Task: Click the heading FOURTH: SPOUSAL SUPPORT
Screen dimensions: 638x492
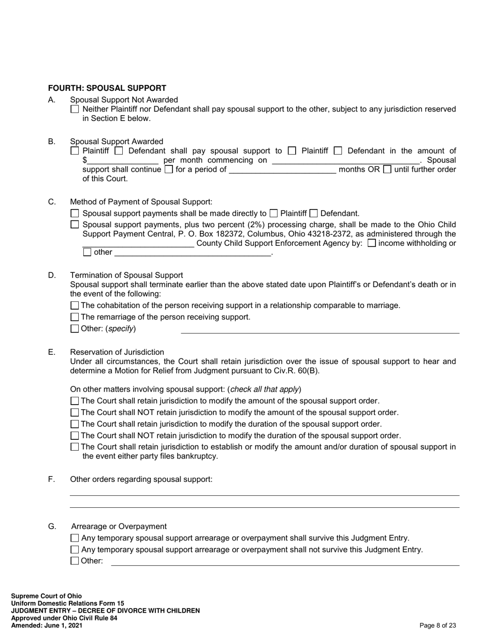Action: pyautogui.click(x=107, y=88)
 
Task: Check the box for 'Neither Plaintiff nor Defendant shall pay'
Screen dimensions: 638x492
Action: pyautogui.click(x=75, y=109)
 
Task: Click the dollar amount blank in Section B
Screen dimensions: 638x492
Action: pyautogui.click(x=122, y=160)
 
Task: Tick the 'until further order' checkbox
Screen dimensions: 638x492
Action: pyautogui.click(x=387, y=169)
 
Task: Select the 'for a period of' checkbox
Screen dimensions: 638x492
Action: pyautogui.click(x=168, y=169)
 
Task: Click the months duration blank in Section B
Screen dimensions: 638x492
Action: pyautogui.click(x=282, y=170)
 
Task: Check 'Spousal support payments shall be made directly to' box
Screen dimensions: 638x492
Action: pyautogui.click(x=75, y=213)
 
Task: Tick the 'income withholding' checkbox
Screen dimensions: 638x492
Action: pyautogui.click(x=371, y=243)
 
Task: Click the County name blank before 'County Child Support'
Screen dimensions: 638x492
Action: pyautogui.click(x=138, y=244)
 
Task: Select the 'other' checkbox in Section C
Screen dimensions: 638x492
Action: pyautogui.click(x=87, y=252)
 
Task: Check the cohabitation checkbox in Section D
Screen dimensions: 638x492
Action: pyautogui.click(x=75, y=306)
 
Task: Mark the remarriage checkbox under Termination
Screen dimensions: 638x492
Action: pyautogui.click(x=75, y=317)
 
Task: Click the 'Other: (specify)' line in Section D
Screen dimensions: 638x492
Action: pyautogui.click(x=320, y=329)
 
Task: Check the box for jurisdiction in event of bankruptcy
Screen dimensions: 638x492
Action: pyautogui.click(x=75, y=447)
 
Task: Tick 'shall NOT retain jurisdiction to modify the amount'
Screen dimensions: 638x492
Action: pyautogui.click(x=75, y=413)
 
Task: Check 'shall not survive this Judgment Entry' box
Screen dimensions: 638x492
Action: pyautogui.click(x=75, y=550)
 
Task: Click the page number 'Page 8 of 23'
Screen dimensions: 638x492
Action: pyautogui.click(x=438, y=626)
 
